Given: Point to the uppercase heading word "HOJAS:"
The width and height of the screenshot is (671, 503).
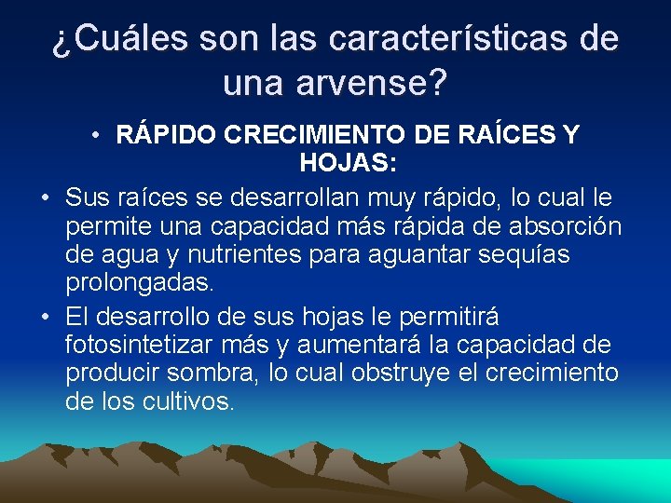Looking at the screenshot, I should click(349, 165).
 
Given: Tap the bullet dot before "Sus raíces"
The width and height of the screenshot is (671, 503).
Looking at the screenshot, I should click(45, 198).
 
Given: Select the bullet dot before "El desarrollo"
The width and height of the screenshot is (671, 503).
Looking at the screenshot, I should click(45, 316).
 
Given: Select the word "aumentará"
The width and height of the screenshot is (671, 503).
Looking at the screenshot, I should click(359, 344).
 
